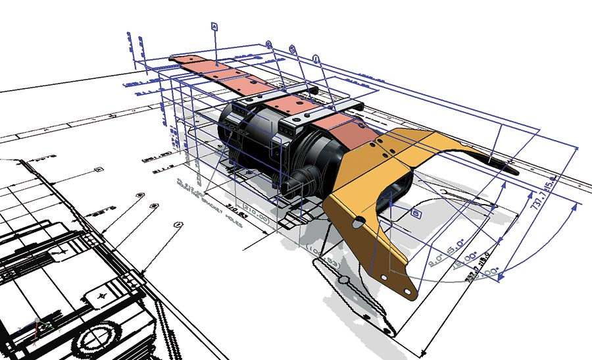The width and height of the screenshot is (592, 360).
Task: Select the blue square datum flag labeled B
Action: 416,213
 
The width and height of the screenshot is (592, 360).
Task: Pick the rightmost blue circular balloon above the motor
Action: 316,59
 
